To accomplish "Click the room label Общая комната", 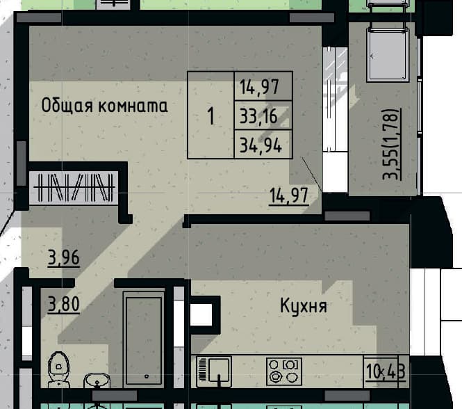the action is [104, 106].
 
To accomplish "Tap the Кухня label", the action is [304, 306].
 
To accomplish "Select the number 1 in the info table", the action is [211, 116].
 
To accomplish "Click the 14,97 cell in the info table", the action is [259, 87].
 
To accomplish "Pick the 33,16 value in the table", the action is [258, 116].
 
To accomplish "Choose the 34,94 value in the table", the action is [261, 145].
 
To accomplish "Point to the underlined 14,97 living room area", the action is [289, 195].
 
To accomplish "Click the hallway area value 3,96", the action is [64, 258].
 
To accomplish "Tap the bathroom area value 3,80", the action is [64, 304].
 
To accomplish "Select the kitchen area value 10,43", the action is [386, 371].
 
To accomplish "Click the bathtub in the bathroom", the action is [144, 339].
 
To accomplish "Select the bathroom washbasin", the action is [97, 381].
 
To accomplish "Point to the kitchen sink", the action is [214, 371].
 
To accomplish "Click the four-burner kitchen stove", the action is [284, 371].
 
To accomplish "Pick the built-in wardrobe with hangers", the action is [74, 187].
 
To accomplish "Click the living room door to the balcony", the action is [336, 120].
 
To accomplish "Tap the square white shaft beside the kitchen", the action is [201, 314].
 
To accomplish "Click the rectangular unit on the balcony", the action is [388, 54].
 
